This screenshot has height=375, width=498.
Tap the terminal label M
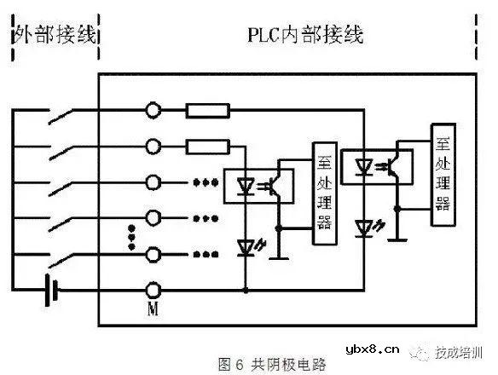point(155,310)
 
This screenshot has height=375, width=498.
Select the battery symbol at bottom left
point(54,291)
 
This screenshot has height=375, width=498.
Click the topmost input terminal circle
point(154,110)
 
